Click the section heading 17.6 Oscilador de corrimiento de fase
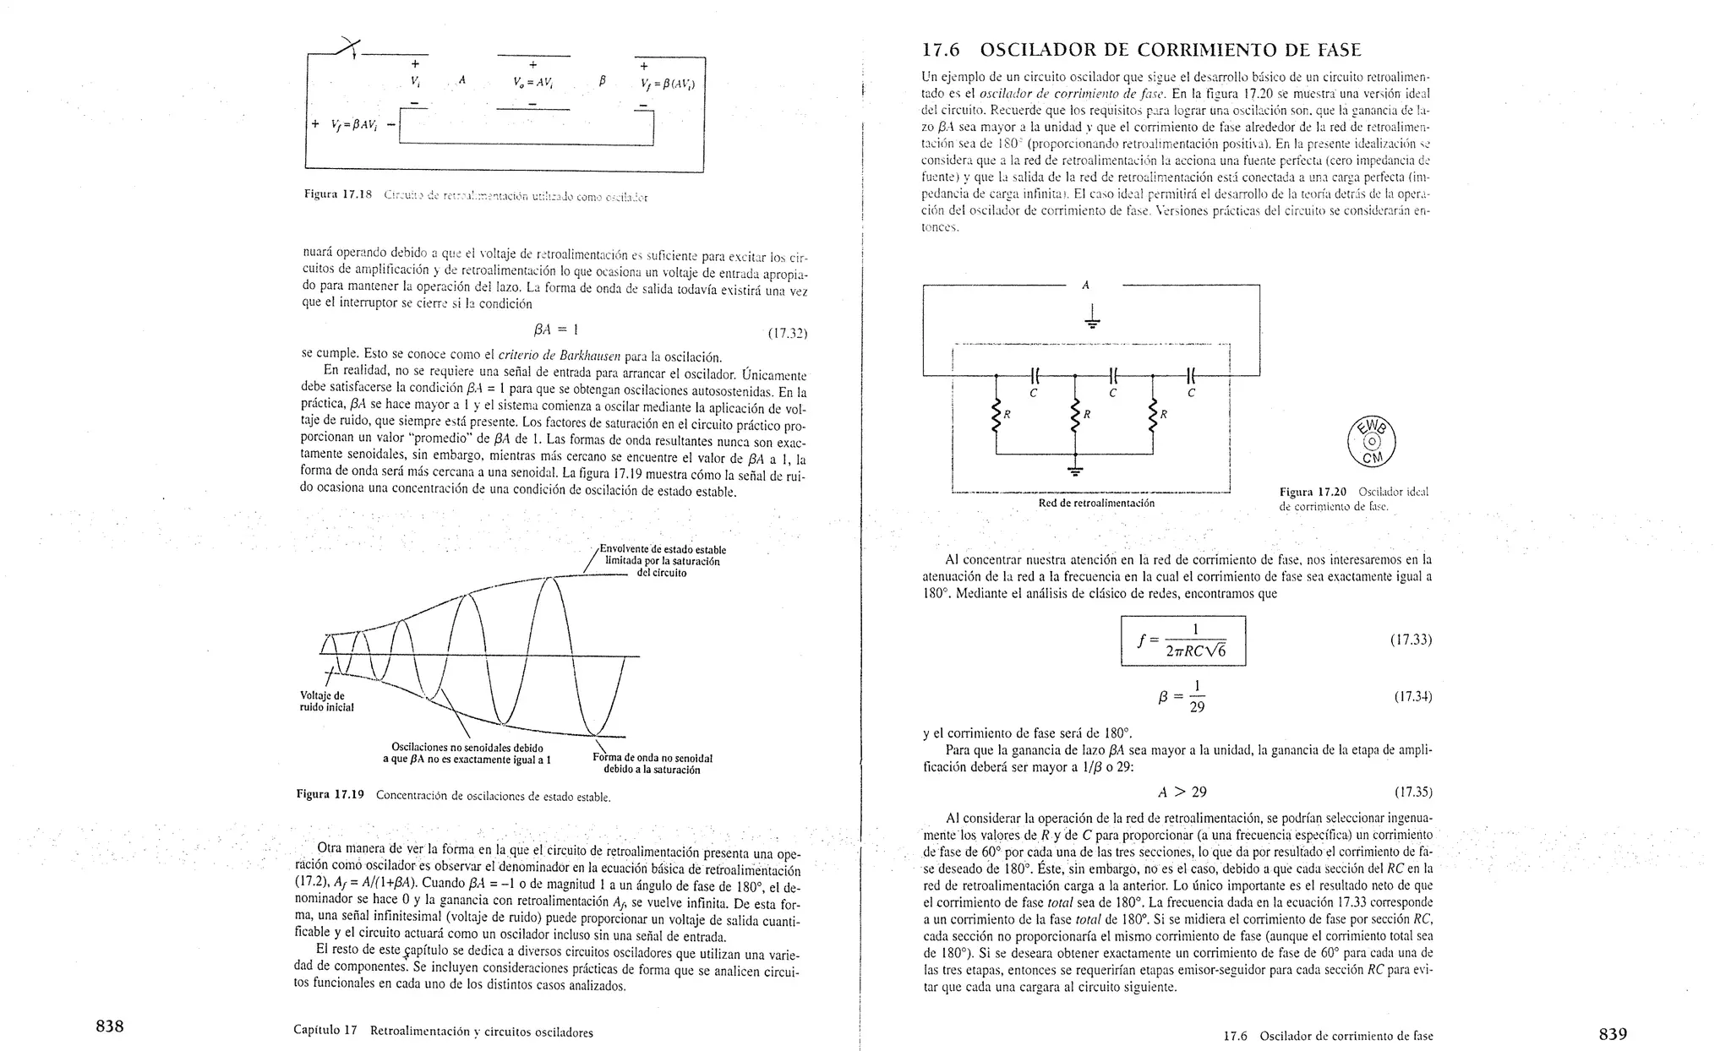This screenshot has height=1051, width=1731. point(1141,50)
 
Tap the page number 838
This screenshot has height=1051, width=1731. point(110,1027)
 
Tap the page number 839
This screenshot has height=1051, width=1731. point(1613,1033)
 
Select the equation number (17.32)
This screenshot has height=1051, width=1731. point(787,334)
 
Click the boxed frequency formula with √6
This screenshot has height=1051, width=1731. point(1183,640)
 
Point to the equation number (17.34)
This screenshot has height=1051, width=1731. point(1412,697)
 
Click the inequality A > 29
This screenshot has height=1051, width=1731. point(1182,792)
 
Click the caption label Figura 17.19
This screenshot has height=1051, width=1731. point(330,794)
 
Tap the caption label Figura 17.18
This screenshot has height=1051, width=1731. point(338,195)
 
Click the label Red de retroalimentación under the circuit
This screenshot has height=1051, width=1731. point(1096,504)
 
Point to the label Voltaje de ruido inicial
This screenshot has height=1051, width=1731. point(326,701)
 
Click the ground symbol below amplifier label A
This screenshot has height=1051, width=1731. point(1092,319)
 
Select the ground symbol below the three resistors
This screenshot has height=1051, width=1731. point(1075,469)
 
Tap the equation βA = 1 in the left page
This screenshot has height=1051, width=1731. point(552,329)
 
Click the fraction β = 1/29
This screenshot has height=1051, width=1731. point(1183,697)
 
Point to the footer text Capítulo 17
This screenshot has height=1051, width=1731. point(326,1031)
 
